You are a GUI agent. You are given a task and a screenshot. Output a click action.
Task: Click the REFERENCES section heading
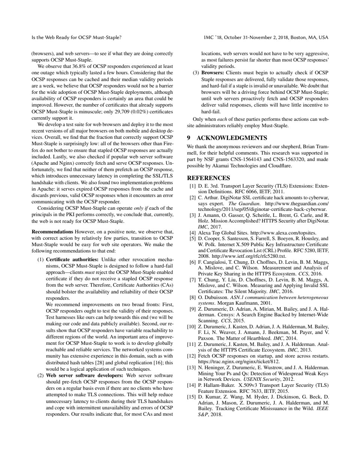click(208, 178)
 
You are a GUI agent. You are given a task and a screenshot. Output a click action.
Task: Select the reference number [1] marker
click(192, 186)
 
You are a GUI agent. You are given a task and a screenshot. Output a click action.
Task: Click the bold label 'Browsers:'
click(213, 72)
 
